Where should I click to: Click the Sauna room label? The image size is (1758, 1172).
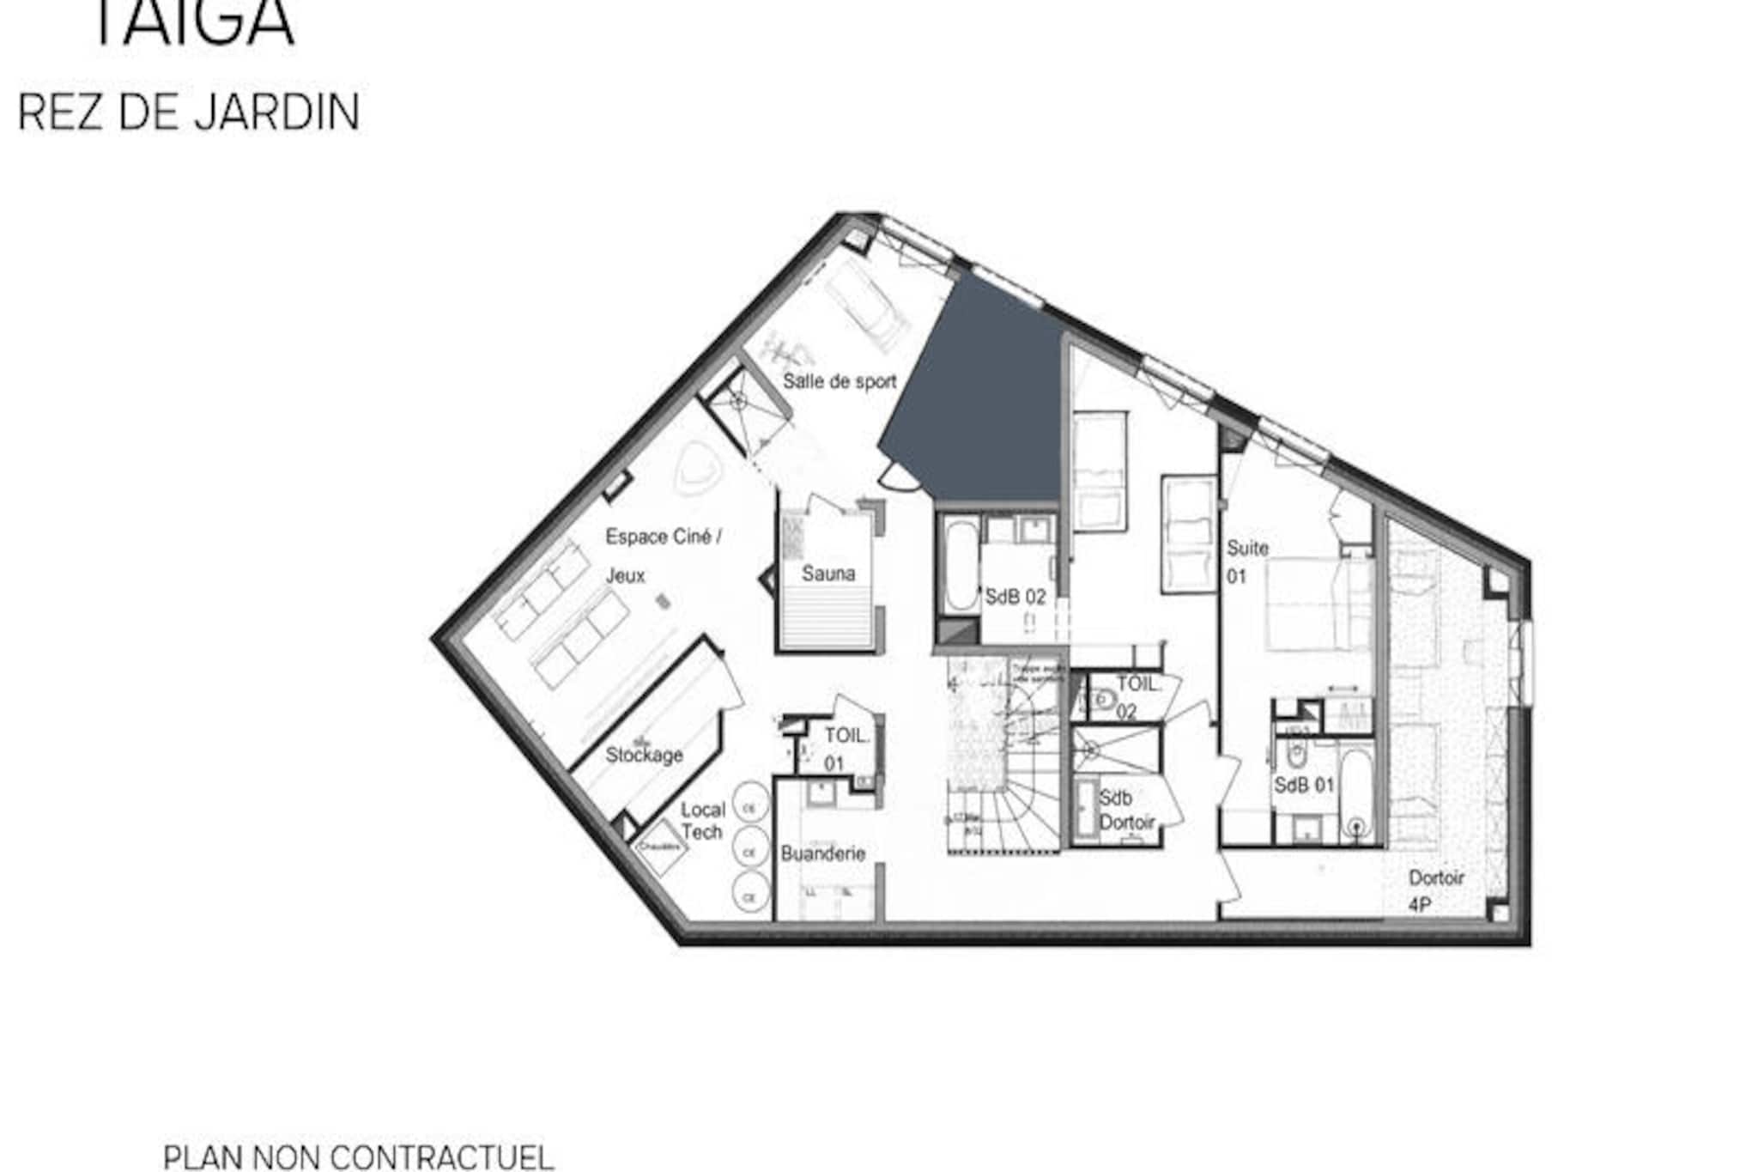point(828,574)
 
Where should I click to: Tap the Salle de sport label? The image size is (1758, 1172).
point(839,382)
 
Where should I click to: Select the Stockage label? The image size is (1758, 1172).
point(644,756)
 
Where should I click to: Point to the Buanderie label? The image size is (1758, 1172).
point(822,853)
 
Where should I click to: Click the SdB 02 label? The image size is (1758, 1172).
point(1015,597)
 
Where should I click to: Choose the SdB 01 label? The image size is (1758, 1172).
point(1304,785)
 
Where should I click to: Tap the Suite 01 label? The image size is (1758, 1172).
point(1246,562)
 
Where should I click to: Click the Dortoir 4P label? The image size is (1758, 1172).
point(1435,890)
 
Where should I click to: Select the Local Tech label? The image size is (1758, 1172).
point(702,821)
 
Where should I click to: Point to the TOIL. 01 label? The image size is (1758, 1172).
point(846,749)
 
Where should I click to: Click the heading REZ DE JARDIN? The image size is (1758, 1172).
point(188,112)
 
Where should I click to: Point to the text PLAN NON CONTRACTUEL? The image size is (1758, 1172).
point(358,1157)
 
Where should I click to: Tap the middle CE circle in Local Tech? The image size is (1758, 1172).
point(749,852)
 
